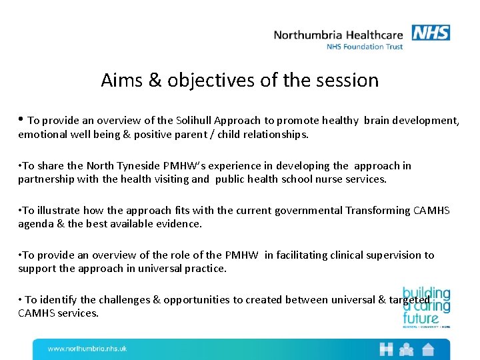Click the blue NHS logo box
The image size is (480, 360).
(x=431, y=33)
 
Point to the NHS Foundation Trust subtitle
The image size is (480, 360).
(x=365, y=47)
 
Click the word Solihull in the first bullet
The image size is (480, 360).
(x=198, y=121)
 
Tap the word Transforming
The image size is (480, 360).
(x=379, y=211)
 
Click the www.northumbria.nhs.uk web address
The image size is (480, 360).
(x=87, y=349)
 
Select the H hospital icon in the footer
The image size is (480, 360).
(x=386, y=349)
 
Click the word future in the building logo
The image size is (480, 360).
(x=421, y=318)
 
